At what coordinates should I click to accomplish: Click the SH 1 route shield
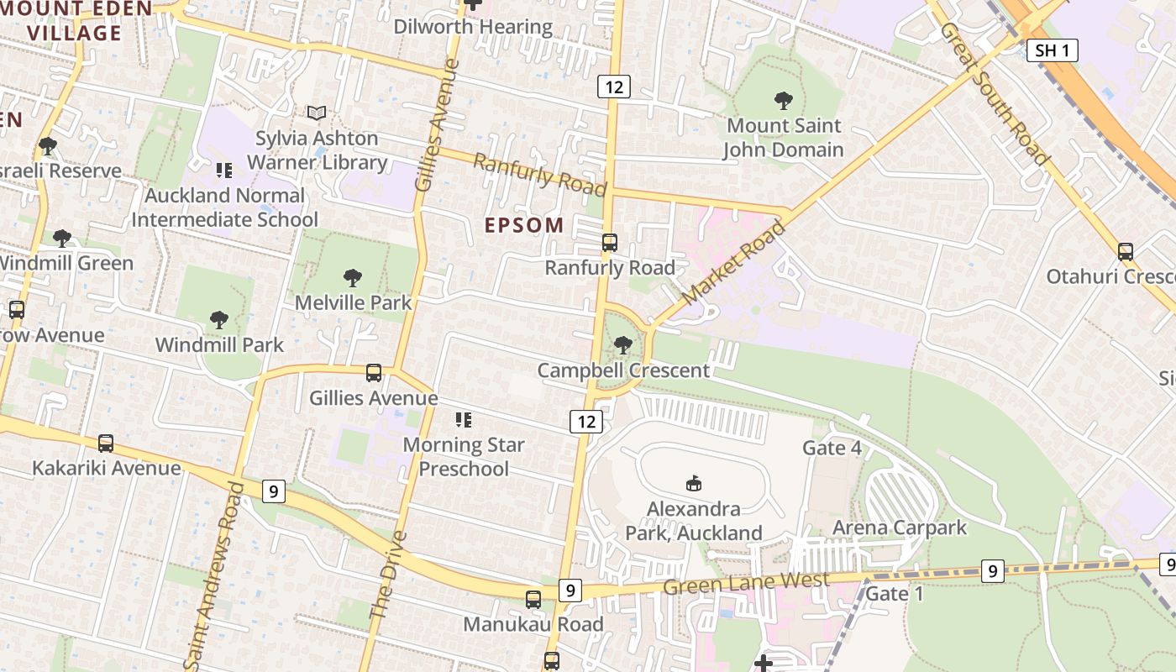(1052, 50)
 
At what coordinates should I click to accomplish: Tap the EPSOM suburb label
(524, 225)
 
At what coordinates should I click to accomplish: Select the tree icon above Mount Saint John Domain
(783, 101)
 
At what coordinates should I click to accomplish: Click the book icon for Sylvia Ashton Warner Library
(316, 113)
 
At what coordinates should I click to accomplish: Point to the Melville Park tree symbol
(353, 277)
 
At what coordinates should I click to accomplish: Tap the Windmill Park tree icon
(219, 319)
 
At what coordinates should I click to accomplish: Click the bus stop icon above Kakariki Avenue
(106, 443)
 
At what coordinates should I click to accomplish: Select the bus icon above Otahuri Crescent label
(1125, 251)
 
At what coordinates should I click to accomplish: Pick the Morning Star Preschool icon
(463, 419)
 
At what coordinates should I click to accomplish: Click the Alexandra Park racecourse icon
(694, 483)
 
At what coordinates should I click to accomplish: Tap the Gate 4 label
(832, 448)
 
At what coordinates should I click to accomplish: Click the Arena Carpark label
(900, 528)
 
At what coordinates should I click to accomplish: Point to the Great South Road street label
(994, 93)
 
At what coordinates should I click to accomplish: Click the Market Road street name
(732, 263)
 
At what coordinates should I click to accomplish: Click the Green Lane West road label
(746, 582)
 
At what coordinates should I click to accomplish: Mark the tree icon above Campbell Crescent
(622, 344)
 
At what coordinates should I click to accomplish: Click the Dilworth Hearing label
(474, 27)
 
